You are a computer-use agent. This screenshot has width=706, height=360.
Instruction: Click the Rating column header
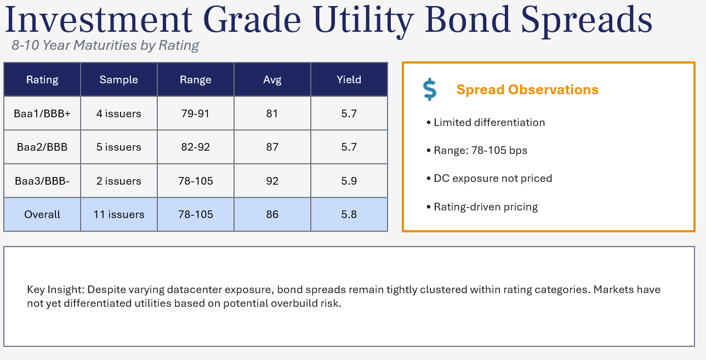(x=42, y=79)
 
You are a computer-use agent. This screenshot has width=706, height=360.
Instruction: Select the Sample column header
(x=118, y=79)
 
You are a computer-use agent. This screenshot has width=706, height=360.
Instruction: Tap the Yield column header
(x=349, y=79)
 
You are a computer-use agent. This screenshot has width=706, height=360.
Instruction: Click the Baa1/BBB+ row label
(x=42, y=113)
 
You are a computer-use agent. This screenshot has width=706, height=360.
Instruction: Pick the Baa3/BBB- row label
(x=42, y=181)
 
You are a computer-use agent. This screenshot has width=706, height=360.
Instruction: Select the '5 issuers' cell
(x=118, y=147)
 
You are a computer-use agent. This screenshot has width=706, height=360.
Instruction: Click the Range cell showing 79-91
(x=195, y=113)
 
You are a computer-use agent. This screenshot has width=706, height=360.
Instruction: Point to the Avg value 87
(x=272, y=147)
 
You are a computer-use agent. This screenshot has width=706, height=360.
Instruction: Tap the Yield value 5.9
(x=349, y=181)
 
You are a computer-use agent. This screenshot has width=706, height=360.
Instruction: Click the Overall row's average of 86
(x=272, y=214)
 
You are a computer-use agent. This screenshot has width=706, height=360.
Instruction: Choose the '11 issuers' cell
(x=118, y=214)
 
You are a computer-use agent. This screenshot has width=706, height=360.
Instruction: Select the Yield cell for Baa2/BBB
(x=349, y=147)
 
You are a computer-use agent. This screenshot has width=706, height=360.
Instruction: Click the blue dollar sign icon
(x=430, y=89)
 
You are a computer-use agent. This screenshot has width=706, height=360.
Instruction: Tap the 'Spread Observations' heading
(x=527, y=90)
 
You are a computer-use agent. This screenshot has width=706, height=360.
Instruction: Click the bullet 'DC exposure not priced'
(x=492, y=178)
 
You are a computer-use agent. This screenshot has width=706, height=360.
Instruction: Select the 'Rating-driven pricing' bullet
(x=485, y=207)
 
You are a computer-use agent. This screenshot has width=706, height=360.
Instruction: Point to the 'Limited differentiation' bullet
(x=489, y=122)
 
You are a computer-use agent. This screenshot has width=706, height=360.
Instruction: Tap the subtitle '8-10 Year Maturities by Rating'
(x=105, y=45)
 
